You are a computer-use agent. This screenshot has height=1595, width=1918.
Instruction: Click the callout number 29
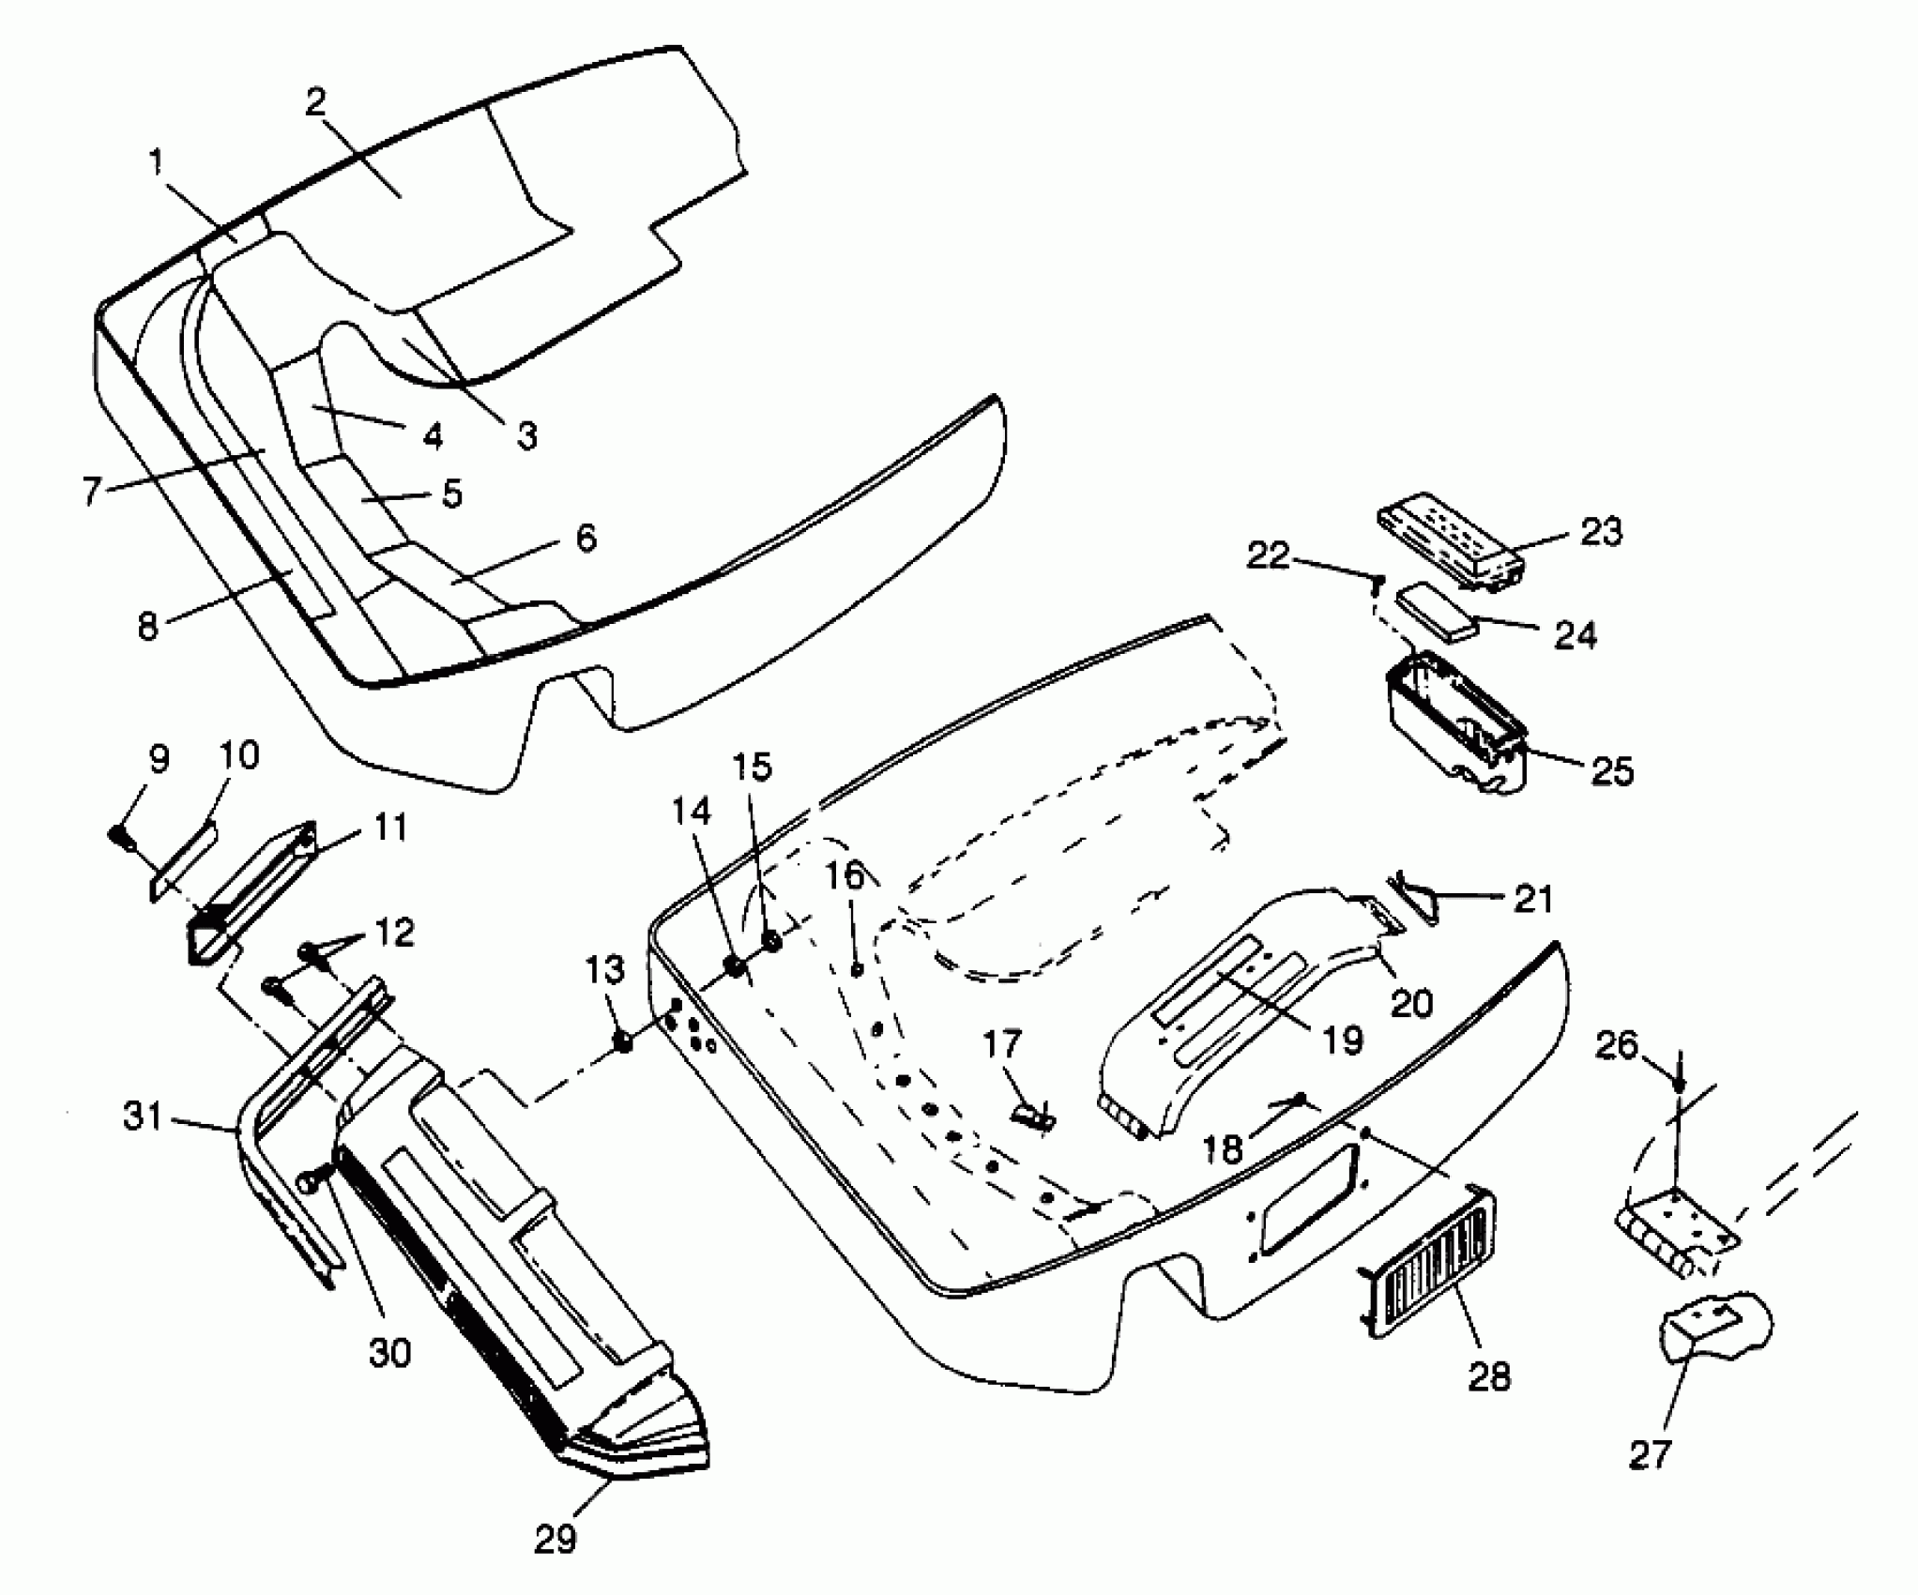[555, 1539]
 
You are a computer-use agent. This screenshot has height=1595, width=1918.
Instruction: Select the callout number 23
[1600, 532]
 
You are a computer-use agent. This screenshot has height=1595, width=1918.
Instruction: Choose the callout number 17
[1002, 1044]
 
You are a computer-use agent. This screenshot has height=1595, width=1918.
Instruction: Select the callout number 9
[159, 760]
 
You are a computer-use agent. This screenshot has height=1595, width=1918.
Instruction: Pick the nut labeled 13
[621, 1041]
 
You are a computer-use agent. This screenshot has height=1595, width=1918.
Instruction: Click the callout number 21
[1532, 900]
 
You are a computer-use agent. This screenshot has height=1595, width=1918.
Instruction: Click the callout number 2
[315, 101]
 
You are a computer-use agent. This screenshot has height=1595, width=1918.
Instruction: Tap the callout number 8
[147, 627]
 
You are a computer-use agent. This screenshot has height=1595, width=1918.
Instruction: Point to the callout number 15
[753, 767]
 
